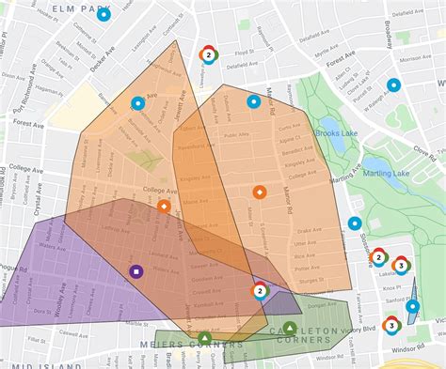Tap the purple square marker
point(135,272)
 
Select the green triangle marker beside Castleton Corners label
point(290,329)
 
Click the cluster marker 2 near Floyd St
point(207,56)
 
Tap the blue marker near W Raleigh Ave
point(393,85)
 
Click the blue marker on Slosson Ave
point(355,223)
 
